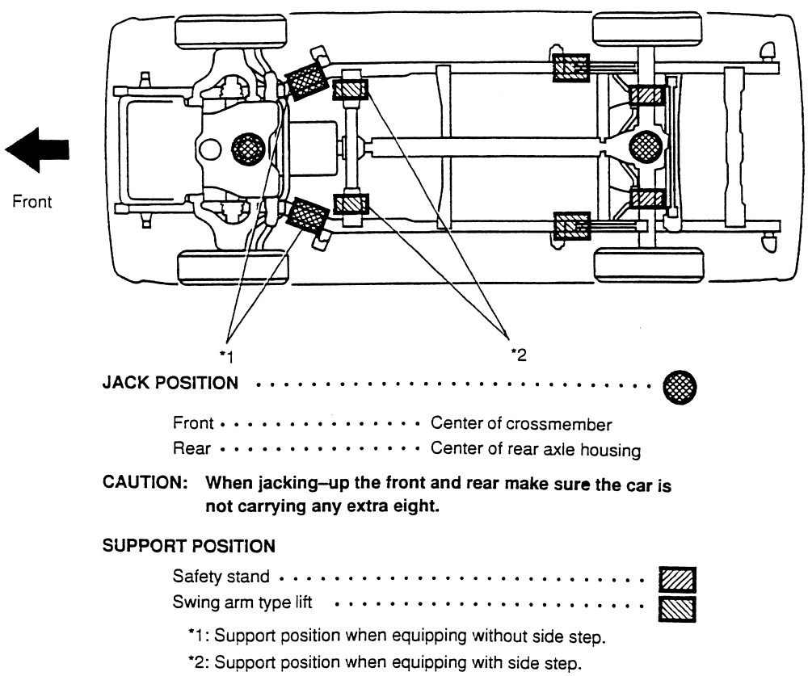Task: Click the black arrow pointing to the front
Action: [x=37, y=150]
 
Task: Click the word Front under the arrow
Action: [x=32, y=201]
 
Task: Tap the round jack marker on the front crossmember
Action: [x=248, y=149]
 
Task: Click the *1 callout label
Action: [x=227, y=356]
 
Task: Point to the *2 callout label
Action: [x=519, y=355]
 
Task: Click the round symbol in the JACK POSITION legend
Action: [x=680, y=387]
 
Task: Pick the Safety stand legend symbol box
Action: [x=677, y=580]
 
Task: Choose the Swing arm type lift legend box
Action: [x=677, y=609]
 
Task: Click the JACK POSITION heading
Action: [x=170, y=383]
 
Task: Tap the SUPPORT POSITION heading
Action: [x=188, y=546]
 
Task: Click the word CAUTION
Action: [x=145, y=482]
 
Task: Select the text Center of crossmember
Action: [x=521, y=423]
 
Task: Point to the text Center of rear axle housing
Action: [x=536, y=449]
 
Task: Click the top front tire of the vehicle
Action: [x=231, y=32]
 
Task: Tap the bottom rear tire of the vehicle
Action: [x=650, y=265]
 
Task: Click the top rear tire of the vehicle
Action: [x=647, y=29]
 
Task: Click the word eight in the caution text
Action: [x=418, y=506]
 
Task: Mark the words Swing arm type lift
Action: [x=242, y=603]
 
